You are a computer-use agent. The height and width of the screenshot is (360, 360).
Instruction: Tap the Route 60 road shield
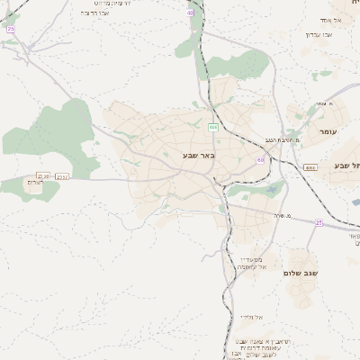pos(260,160)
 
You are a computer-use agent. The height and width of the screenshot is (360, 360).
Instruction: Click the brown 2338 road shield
pos(40,175)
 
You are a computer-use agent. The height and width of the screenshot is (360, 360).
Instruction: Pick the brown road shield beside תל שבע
pos(310,166)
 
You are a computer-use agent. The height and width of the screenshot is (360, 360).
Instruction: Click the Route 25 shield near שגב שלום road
pos(319,221)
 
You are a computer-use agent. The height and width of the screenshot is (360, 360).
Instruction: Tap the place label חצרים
pos(34,183)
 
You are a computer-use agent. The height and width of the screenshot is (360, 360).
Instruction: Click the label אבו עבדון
pos(319,33)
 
